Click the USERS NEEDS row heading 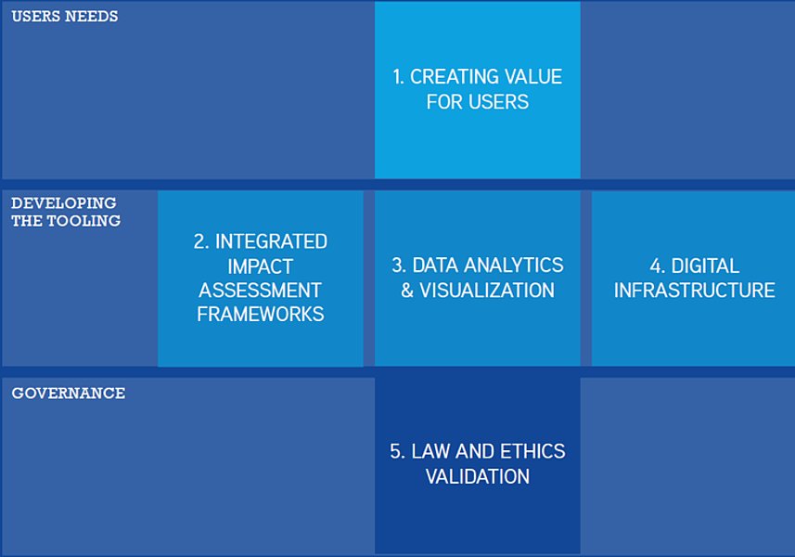(64, 16)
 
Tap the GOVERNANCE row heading (69, 393)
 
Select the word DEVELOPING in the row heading (64, 203)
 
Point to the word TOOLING (83, 221)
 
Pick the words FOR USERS (478, 102)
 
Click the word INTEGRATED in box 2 (271, 241)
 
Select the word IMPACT (260, 266)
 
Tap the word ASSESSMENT (260, 291)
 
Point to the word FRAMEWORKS (260, 315)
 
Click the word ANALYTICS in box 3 (514, 266)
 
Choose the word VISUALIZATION (487, 291)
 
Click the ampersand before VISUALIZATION (407, 291)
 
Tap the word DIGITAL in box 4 (705, 266)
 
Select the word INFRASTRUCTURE (694, 291)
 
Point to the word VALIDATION (478, 477)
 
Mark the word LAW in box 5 (427, 451)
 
